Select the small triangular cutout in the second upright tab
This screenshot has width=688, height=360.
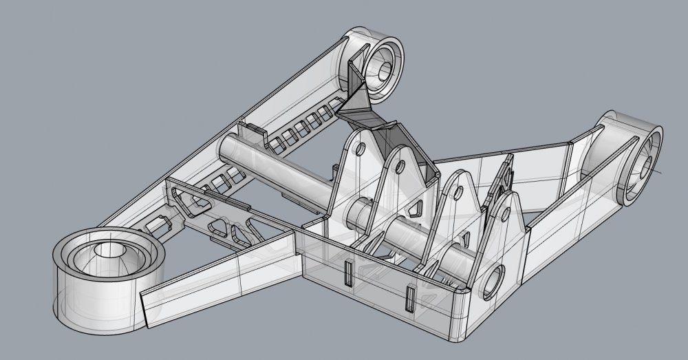coord(417,205)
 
